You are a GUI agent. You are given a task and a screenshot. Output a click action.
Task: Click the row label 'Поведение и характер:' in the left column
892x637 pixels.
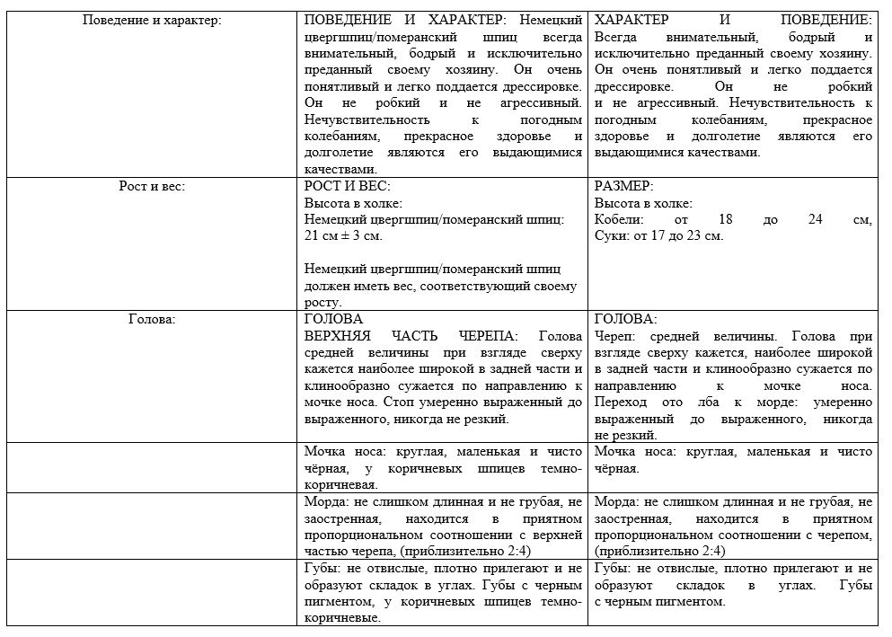[x=151, y=20]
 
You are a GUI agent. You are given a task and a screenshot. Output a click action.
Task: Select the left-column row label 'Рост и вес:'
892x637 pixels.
[x=151, y=186]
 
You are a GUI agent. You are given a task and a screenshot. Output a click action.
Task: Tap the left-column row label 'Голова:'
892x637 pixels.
[x=151, y=319]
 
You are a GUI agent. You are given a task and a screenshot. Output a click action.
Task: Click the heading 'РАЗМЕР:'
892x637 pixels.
[x=623, y=186]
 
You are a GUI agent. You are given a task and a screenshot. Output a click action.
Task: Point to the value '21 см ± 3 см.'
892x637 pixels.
[x=343, y=235]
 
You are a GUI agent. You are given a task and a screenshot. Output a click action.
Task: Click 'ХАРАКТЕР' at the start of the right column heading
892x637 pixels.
[x=631, y=20]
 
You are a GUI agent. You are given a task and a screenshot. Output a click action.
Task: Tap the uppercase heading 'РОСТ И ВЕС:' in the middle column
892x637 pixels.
[x=348, y=186]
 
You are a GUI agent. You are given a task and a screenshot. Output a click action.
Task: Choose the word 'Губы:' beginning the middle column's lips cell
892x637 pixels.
[x=323, y=568]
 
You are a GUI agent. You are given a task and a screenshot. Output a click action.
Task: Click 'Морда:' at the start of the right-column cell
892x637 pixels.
[x=616, y=501]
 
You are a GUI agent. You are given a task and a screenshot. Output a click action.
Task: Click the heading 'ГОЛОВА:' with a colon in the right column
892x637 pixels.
[x=625, y=319]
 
